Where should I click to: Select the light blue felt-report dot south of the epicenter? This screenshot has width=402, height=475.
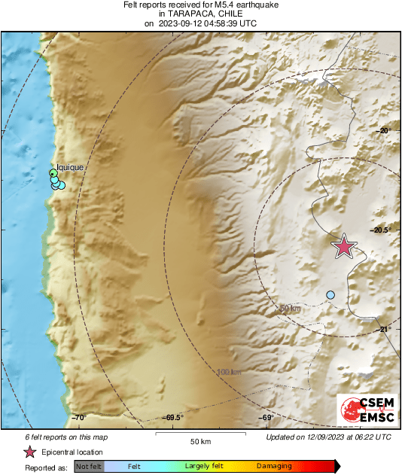pos(330,294)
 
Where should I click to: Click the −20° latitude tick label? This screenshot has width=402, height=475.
pos(385,130)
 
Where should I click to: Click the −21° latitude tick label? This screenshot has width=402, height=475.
pos(385,329)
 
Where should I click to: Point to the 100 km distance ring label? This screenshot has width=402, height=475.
pos(228,372)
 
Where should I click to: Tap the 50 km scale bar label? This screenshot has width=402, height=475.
pos(199,440)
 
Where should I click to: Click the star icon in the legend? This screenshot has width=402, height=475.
pos(30,452)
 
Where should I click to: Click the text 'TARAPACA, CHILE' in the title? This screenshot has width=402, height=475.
pos(200,14)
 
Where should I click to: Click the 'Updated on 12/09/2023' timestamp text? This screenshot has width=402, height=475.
pos(328,437)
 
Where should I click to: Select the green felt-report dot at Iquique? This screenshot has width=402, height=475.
pos(53,175)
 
